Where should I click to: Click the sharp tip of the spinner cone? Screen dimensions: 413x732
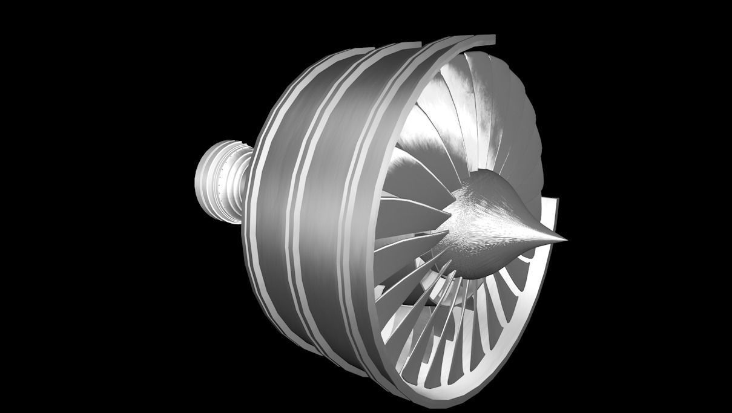tap(565, 239)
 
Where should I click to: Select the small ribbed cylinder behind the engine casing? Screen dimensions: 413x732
tap(221, 181)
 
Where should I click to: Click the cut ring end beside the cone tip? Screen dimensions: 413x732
tap(551, 209)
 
